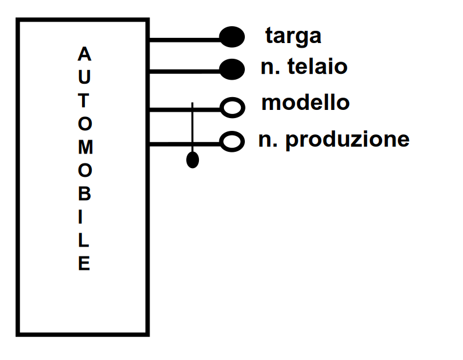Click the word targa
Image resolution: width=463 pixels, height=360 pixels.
(x=293, y=36)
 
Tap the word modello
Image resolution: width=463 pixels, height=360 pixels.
(x=305, y=103)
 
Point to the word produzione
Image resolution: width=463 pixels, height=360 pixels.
(x=347, y=140)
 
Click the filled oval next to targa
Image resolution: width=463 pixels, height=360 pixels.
(x=231, y=37)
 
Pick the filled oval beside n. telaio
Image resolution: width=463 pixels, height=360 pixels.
(x=231, y=69)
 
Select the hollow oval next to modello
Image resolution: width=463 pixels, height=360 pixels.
(x=231, y=106)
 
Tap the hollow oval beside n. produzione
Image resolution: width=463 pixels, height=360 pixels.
(x=231, y=141)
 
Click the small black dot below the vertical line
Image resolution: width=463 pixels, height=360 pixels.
(x=193, y=160)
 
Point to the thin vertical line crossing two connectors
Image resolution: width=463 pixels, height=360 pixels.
(x=193, y=125)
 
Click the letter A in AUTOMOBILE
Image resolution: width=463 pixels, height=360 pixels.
(x=84, y=55)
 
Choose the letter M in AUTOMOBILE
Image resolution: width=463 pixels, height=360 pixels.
(x=84, y=147)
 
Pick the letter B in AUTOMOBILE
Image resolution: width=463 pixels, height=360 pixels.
(x=84, y=194)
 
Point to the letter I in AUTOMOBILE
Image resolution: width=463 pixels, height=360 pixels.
(x=84, y=217)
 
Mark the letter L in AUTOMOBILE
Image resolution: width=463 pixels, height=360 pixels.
(x=84, y=240)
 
